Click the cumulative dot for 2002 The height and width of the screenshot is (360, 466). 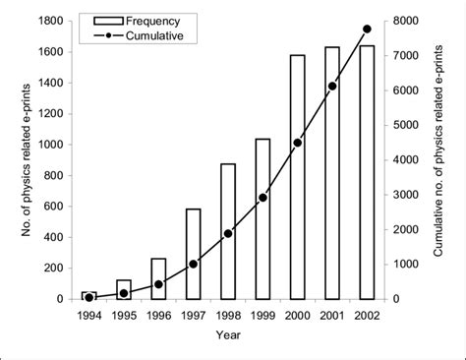(367, 29)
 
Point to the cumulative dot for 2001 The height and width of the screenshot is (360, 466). (332, 86)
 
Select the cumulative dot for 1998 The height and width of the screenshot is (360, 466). (227, 233)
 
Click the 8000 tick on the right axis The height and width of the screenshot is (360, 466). (403, 21)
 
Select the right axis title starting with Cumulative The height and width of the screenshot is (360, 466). (439, 159)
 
